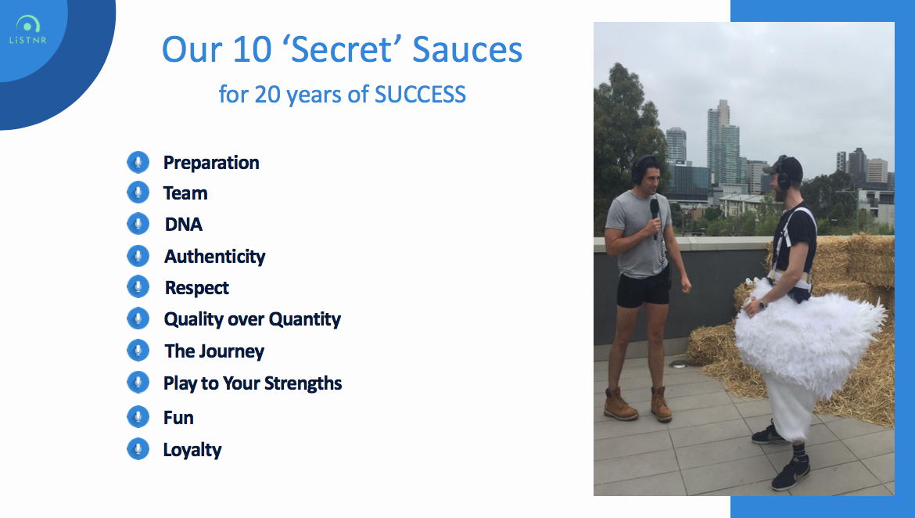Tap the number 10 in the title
coord(252,49)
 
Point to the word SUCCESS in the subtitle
coord(420,94)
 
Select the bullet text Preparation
coord(211,162)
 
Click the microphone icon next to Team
coord(138,192)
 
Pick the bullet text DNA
coord(184,225)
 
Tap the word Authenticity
coord(215,257)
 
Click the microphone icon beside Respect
coord(138,286)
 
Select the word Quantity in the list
coord(305,319)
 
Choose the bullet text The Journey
coord(214,351)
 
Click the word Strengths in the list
coord(303,383)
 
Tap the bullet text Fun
coord(178,418)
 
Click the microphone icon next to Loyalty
coord(138,448)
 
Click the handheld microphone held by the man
coord(655,215)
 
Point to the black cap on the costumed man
coord(785,167)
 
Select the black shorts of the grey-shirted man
coord(643,289)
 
